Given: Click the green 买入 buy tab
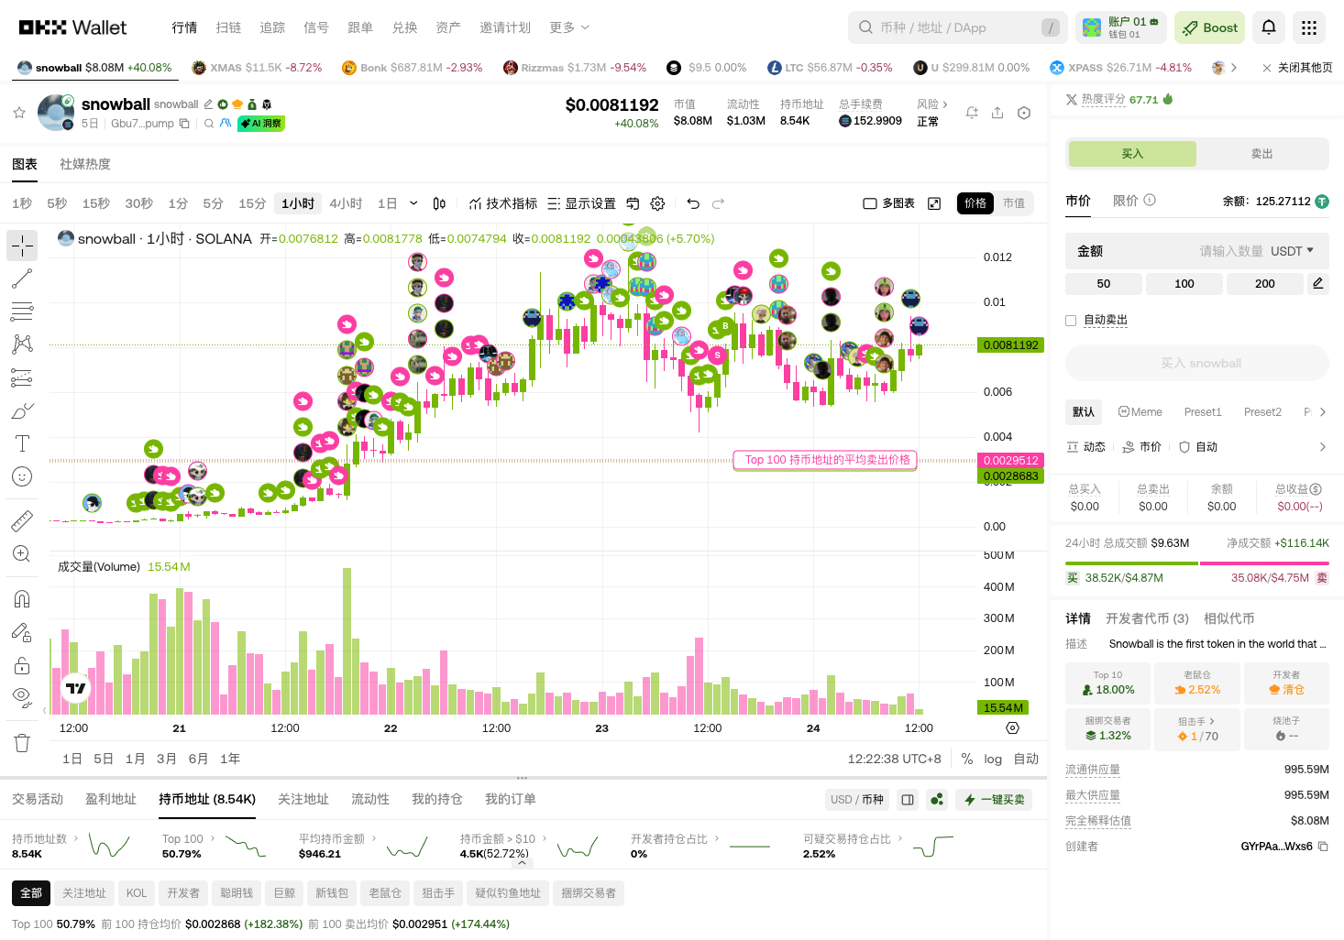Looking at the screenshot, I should (x=1132, y=154).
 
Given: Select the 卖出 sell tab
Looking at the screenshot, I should (x=1261, y=154).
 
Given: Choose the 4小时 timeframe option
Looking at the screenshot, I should (x=346, y=203).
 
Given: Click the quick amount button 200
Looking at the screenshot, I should (x=1264, y=284).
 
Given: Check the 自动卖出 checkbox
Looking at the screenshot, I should (x=1071, y=321).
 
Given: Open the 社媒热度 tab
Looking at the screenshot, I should (x=85, y=164).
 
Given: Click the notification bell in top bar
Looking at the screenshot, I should (x=1269, y=27).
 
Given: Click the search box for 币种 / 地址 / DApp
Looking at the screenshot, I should (x=953, y=27).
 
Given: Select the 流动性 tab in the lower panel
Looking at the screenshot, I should (x=370, y=799).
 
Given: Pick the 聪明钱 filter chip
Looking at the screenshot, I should (x=237, y=893).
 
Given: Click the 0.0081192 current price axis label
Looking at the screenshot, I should (x=1010, y=345).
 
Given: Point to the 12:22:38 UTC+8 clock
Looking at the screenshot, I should (x=894, y=759).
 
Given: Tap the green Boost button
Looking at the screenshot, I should (x=1209, y=27).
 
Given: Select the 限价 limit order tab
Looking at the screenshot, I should (x=1126, y=201).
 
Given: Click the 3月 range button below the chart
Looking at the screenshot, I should (x=166, y=759).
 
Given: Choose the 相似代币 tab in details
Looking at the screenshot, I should (x=1228, y=618).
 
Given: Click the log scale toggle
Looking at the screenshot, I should (x=993, y=759).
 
